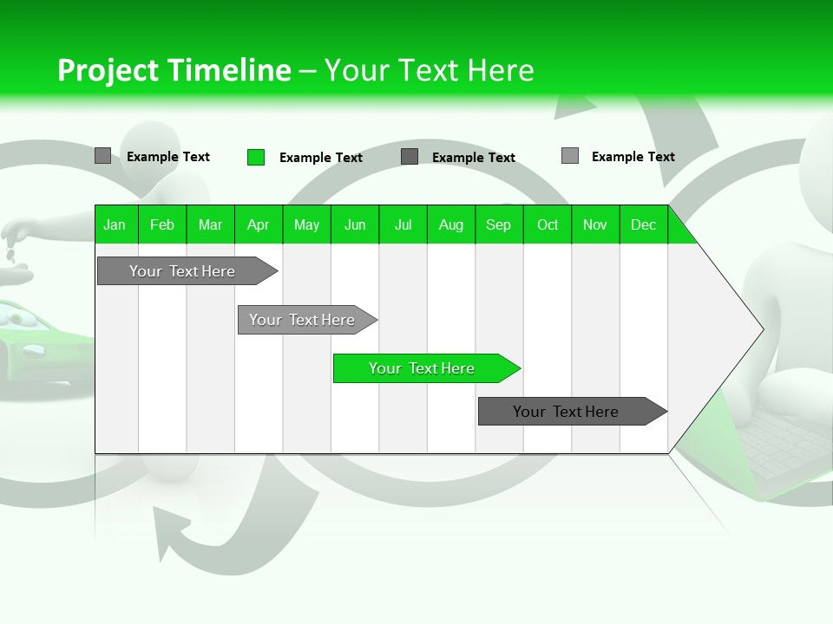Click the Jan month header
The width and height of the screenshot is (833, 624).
click(115, 224)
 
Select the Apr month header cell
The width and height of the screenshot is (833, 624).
click(258, 224)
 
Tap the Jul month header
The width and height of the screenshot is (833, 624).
click(403, 224)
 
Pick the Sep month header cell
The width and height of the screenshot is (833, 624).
click(498, 224)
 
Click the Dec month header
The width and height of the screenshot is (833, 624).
click(643, 224)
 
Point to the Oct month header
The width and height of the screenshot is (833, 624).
click(548, 224)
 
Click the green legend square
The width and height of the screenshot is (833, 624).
click(256, 157)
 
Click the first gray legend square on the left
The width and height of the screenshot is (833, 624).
click(102, 156)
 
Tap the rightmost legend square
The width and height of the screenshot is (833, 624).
click(569, 156)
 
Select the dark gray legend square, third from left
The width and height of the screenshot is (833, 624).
click(410, 157)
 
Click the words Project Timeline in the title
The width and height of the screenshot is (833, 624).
click(174, 70)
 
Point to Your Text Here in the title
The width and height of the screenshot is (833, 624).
click(429, 70)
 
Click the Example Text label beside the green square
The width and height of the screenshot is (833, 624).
click(320, 158)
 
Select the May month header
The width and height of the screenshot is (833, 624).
click(306, 224)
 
